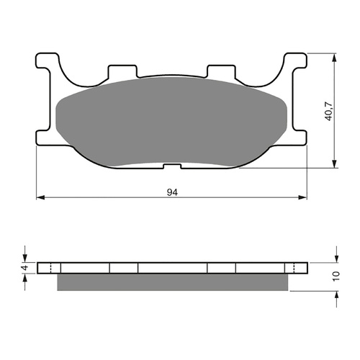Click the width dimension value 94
click(172, 192)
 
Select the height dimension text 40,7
click(329, 111)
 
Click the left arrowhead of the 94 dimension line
click(41, 197)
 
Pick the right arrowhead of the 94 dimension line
click(302, 197)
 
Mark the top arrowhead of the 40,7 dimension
click(335, 56)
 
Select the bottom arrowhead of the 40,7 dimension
click(335, 166)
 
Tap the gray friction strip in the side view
click(173, 283)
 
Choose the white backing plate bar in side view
click(173, 268)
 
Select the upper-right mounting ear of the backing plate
click(297, 65)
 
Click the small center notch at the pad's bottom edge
click(171, 167)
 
